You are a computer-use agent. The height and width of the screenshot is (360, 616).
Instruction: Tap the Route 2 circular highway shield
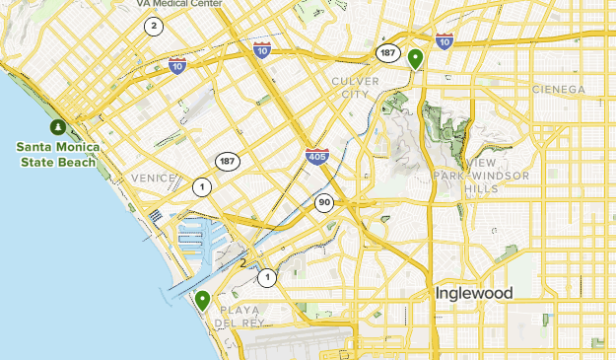coord(154,27)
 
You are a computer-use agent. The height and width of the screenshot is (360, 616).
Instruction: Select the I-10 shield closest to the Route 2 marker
coord(177,66)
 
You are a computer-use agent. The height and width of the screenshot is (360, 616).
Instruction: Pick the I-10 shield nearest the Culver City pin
coord(445,40)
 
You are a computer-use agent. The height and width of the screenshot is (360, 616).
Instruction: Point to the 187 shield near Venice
coord(228,160)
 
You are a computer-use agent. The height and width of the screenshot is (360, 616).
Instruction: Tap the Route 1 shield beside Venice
coord(202,186)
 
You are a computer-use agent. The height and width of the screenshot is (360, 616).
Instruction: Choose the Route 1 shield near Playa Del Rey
coord(266,278)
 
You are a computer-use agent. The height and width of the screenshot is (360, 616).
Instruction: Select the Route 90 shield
coord(323,202)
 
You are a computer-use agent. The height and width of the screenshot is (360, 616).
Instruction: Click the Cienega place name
coord(559,89)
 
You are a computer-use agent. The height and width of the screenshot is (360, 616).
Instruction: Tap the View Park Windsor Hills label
coord(483,175)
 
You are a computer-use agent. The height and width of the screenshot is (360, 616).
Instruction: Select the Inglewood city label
coord(474,294)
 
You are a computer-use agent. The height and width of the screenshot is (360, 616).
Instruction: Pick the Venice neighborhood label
coord(153,178)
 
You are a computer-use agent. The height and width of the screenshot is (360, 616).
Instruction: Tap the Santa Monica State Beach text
coord(55,155)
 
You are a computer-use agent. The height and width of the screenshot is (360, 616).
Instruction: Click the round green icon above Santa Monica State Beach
coord(58,127)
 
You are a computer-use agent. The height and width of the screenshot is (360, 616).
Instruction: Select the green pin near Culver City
coord(416,59)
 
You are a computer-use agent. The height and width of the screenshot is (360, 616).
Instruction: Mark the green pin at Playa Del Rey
coord(202,300)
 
